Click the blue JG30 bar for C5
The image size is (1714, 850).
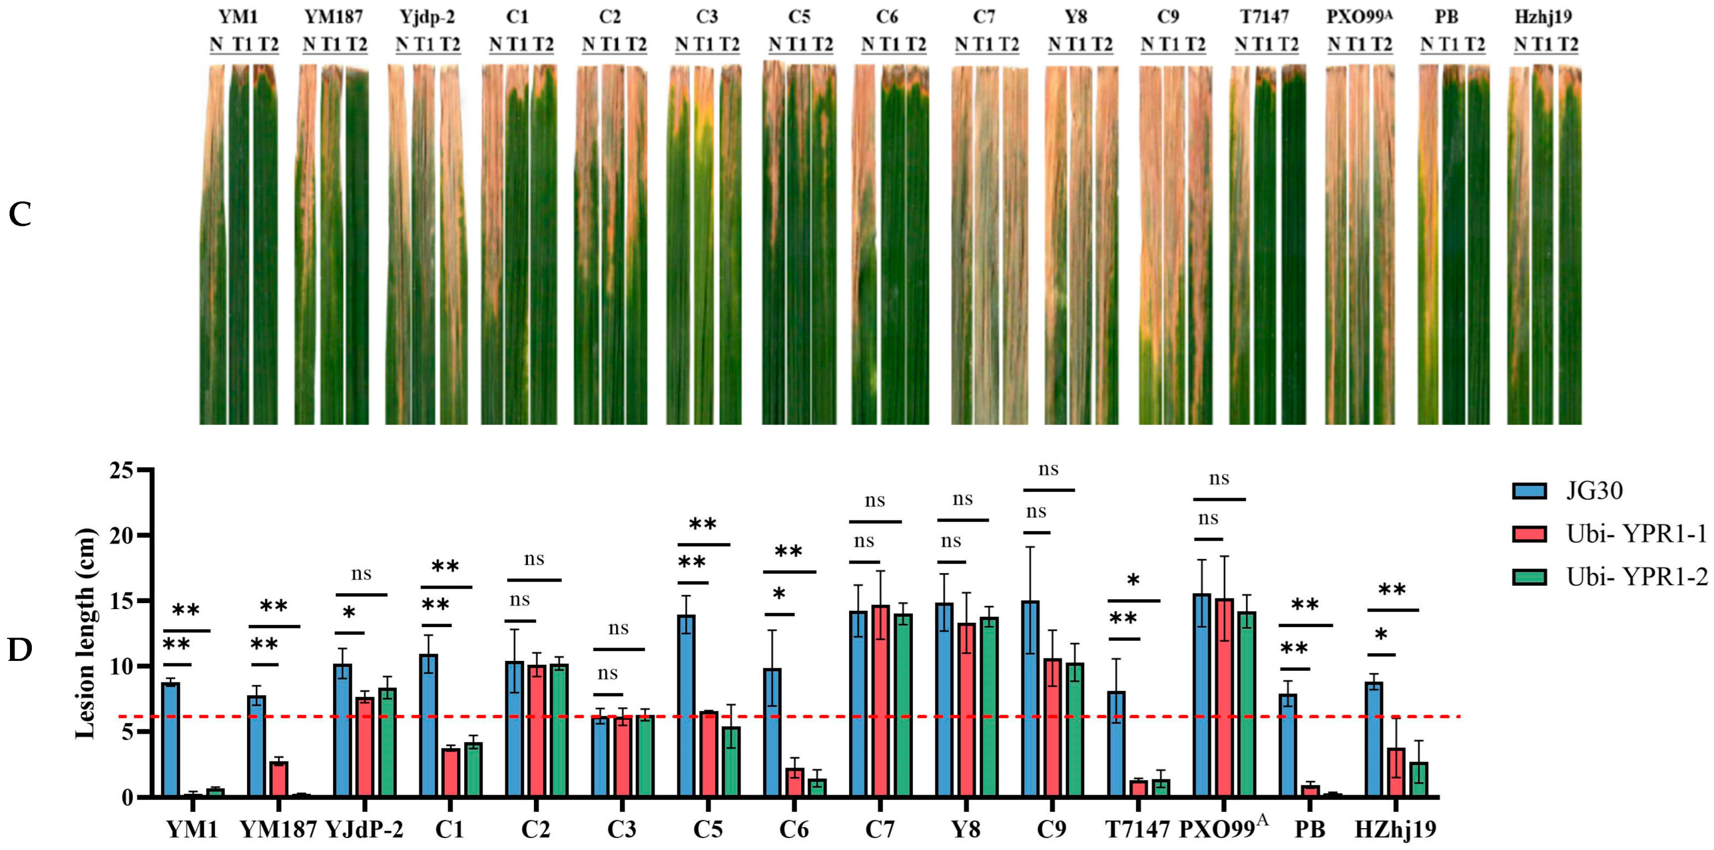686,705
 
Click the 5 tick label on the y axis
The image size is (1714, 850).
126,732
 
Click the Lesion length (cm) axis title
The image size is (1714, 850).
85,633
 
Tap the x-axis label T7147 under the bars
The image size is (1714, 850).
1137,830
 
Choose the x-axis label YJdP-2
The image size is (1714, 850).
364,830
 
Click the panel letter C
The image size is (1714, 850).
20,215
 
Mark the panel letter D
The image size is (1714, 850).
20,650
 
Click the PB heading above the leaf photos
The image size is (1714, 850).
1446,16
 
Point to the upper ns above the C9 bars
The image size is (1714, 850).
1048,470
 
